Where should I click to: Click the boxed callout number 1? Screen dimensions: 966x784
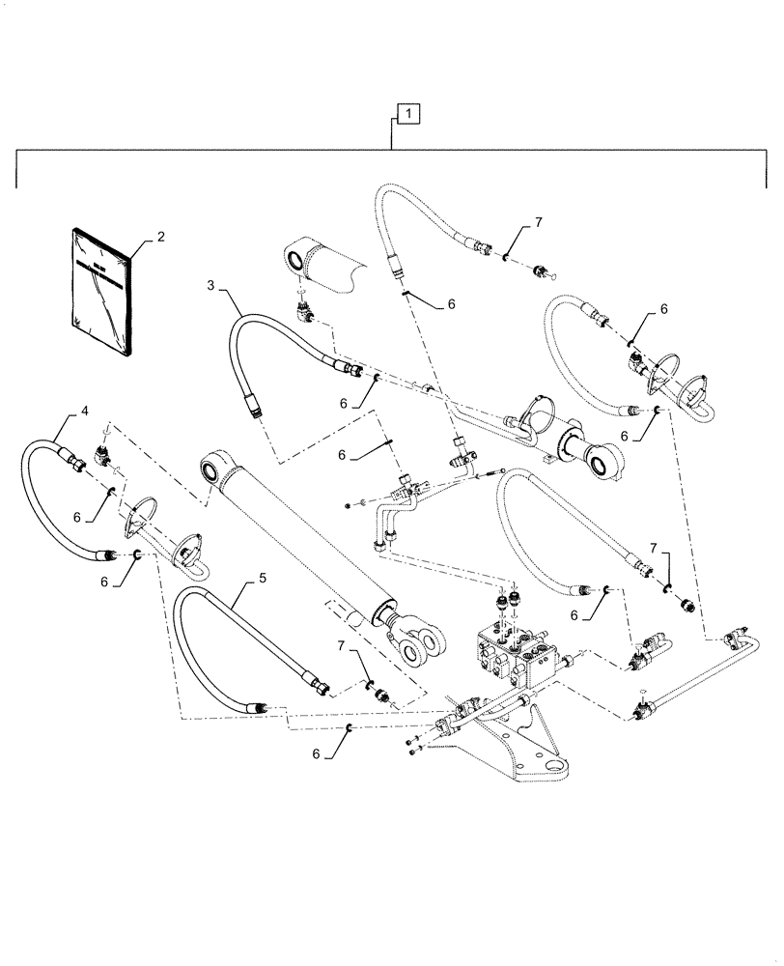(409, 115)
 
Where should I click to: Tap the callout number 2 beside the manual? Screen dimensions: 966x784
(160, 237)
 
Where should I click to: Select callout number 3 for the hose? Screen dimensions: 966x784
(210, 285)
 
